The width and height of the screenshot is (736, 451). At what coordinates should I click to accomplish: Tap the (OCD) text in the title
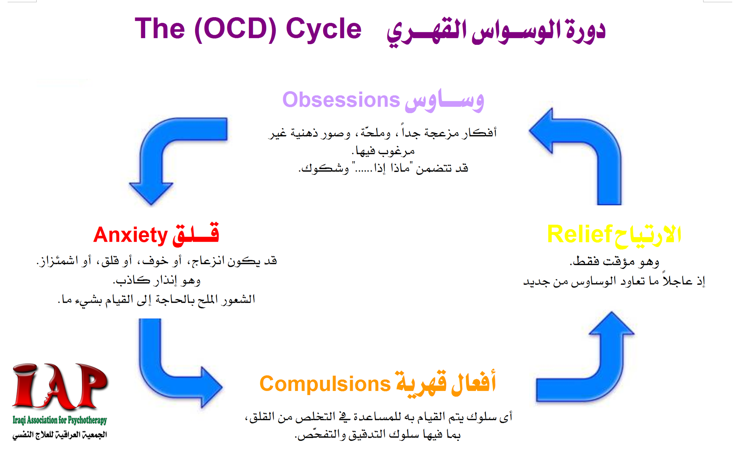point(235,29)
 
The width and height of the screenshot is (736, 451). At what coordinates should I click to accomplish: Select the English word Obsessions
point(341,99)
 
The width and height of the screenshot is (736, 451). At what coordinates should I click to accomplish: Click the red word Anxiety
point(130,235)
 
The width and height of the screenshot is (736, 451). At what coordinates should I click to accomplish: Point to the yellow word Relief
point(579,234)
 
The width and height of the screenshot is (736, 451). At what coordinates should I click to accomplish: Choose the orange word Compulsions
point(325,384)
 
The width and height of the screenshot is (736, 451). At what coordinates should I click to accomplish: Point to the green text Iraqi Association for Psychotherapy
point(60,420)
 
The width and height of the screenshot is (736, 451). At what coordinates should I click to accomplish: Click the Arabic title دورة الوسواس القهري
point(496,32)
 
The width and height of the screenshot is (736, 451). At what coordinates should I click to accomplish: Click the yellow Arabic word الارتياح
point(647,236)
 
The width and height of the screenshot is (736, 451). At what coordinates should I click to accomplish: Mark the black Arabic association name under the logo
point(60,435)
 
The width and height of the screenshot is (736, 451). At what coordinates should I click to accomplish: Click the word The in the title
point(160,29)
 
